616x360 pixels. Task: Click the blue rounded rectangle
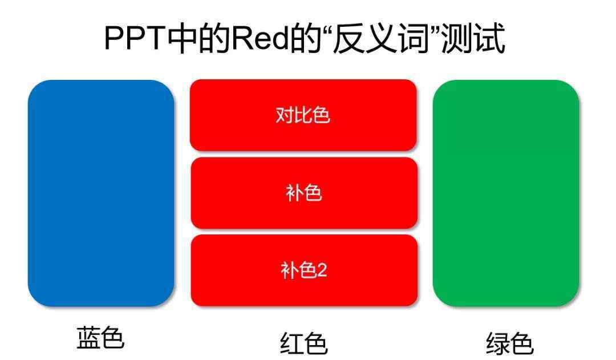(x=101, y=193)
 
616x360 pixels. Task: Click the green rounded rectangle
(x=506, y=193)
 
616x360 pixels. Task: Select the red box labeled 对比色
(x=303, y=115)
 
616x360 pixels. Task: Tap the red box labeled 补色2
(x=304, y=270)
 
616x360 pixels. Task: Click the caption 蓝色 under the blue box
(x=100, y=337)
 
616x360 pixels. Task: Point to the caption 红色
(x=303, y=343)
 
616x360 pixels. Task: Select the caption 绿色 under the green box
(x=510, y=343)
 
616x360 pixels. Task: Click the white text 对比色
(x=303, y=115)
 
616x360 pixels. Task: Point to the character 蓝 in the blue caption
(x=88, y=337)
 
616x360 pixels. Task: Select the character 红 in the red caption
(x=291, y=343)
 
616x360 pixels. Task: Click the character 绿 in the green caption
(x=498, y=343)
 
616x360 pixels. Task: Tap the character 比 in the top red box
(x=303, y=115)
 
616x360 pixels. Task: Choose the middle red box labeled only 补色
(x=304, y=193)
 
